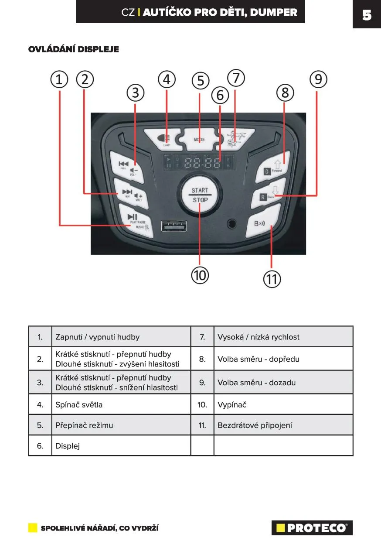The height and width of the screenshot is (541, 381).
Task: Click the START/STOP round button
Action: [200, 195]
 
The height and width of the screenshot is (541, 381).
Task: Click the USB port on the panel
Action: [173, 226]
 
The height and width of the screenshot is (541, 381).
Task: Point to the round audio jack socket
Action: [232, 224]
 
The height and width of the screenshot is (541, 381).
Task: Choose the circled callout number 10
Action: [200, 275]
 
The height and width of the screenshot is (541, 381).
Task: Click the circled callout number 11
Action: [272, 279]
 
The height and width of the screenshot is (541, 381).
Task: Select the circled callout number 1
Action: [59, 79]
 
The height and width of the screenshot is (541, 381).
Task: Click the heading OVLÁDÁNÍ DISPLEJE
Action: [74, 49]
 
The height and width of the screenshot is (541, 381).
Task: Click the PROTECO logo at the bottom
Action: [312, 528]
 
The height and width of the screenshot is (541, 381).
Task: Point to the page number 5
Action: [367, 15]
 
